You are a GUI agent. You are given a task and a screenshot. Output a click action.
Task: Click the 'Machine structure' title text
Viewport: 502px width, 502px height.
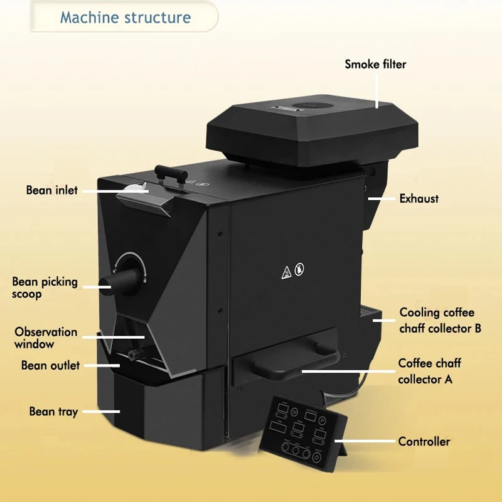point(125,17)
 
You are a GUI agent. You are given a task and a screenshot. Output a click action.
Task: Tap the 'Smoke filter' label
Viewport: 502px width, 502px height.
point(375,64)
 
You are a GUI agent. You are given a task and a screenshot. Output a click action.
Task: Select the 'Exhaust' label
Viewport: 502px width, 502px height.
point(419,199)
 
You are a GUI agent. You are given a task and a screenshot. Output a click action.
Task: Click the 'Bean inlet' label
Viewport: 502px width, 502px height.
point(52,190)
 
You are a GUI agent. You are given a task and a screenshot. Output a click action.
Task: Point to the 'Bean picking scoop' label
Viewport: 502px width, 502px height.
point(45,287)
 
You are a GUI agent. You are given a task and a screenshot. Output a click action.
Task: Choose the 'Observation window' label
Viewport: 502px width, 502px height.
point(46,338)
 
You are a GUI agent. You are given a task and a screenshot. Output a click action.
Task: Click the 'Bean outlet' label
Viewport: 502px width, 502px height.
point(50,365)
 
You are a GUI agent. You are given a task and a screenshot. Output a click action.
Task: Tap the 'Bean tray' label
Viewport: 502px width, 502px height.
point(53,412)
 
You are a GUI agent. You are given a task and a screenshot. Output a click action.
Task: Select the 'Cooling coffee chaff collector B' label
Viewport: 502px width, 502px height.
point(440,320)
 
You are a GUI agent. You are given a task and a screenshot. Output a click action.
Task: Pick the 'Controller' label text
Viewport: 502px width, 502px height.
point(424,442)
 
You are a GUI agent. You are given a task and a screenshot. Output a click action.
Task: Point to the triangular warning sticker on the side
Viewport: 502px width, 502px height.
point(286,271)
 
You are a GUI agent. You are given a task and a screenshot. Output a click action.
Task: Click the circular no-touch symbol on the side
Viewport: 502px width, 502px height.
point(300,270)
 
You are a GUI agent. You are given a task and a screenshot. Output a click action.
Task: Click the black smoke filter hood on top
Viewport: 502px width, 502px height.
point(312,129)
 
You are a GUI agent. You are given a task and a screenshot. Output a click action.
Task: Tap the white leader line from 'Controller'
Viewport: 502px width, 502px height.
point(370,442)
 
